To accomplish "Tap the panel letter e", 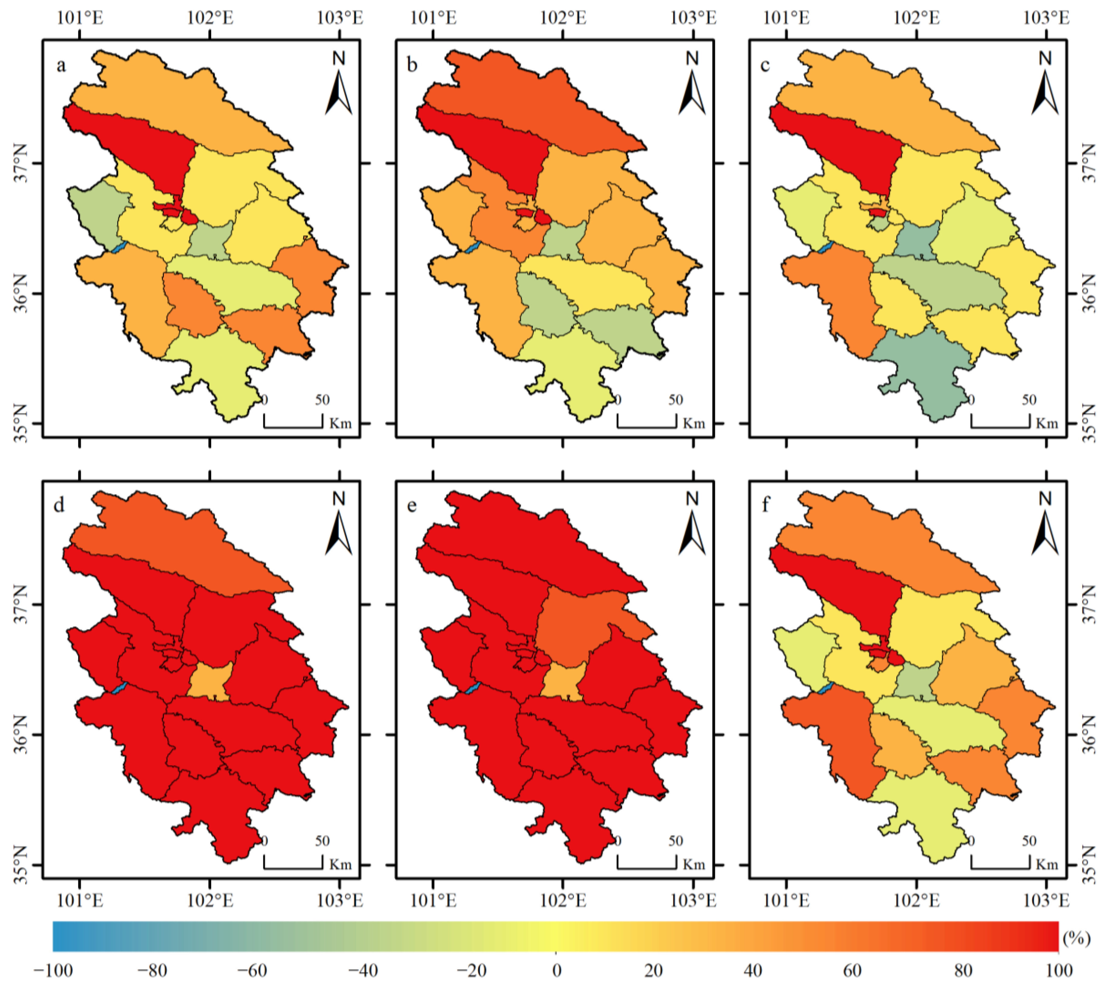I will pos(412,506).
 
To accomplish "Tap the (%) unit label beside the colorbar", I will pos(1077,938).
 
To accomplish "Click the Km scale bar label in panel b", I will pos(694,423).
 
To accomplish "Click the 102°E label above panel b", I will pos(563,18).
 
